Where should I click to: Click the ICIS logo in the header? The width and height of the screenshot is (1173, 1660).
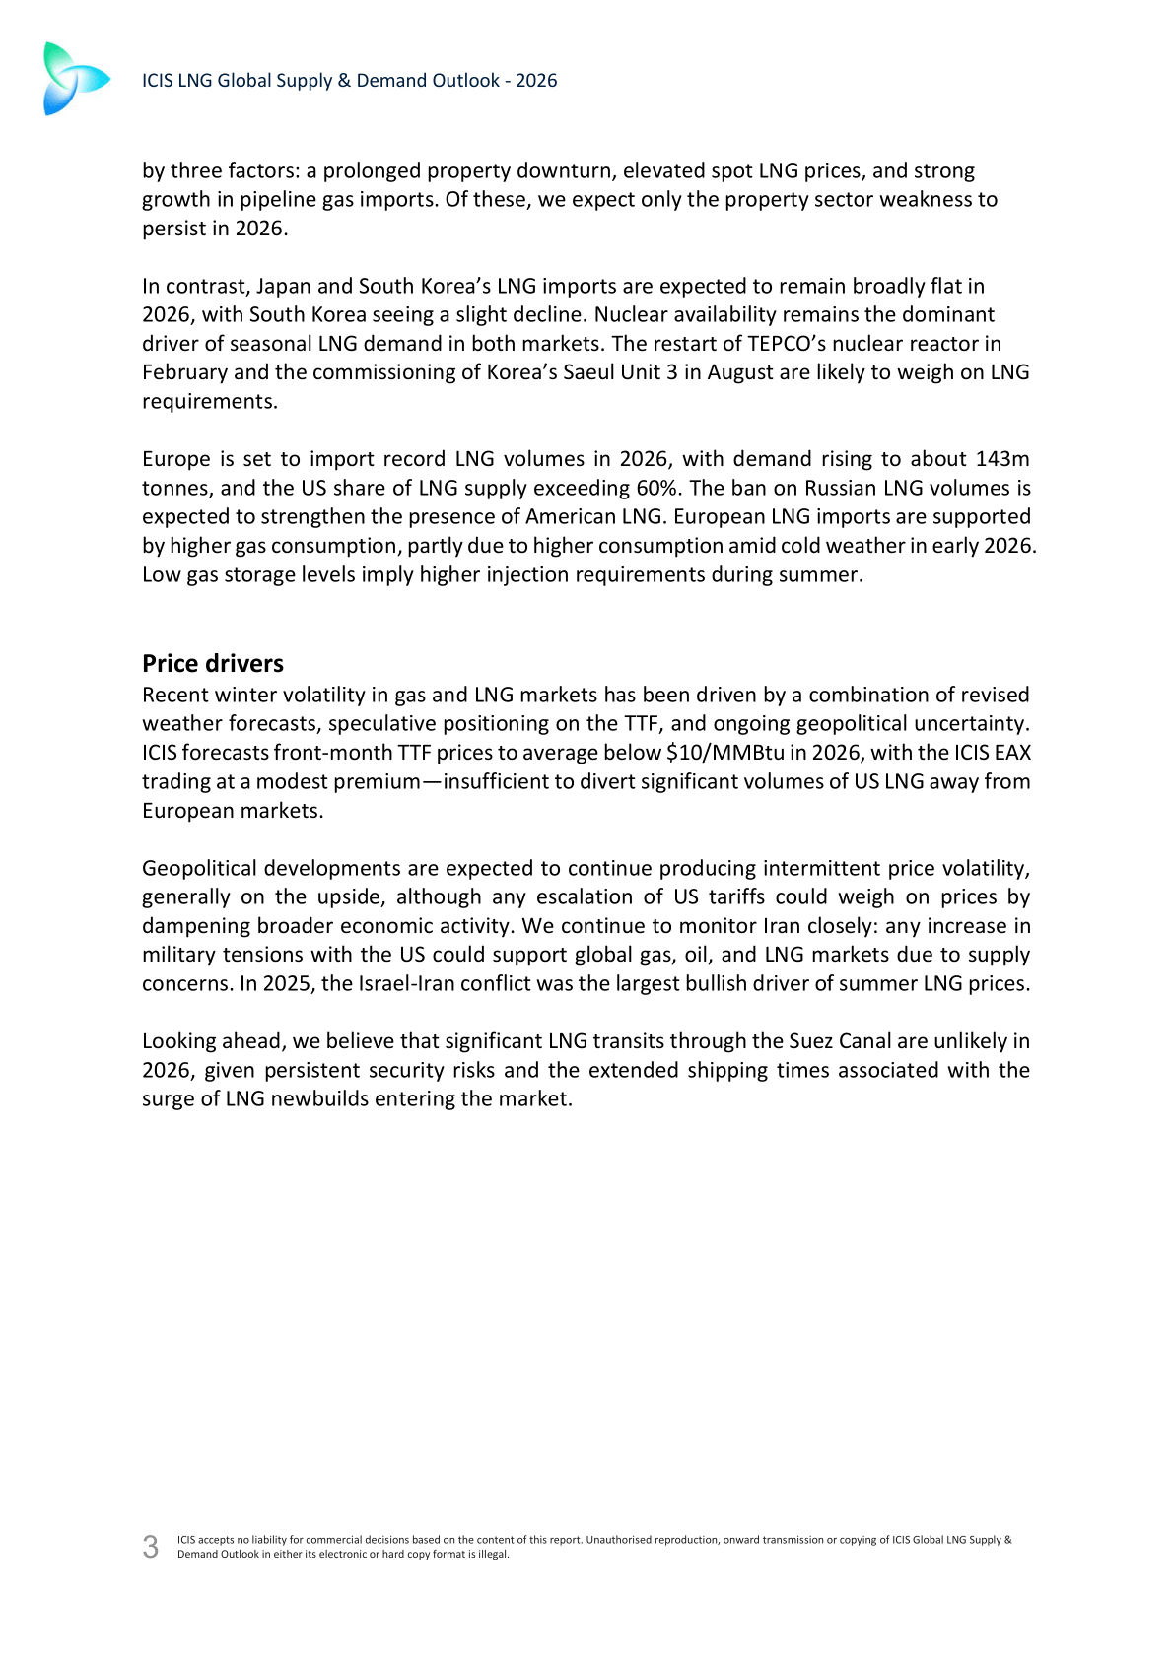click(x=75, y=79)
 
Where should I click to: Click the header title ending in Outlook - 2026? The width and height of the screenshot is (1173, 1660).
click(x=349, y=81)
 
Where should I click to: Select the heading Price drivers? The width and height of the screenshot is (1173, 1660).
click(x=213, y=663)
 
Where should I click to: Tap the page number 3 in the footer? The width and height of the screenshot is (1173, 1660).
click(x=150, y=1547)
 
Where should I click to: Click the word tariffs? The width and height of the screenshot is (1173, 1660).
click(x=736, y=897)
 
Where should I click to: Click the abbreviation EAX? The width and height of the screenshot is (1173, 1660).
click(x=1012, y=753)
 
